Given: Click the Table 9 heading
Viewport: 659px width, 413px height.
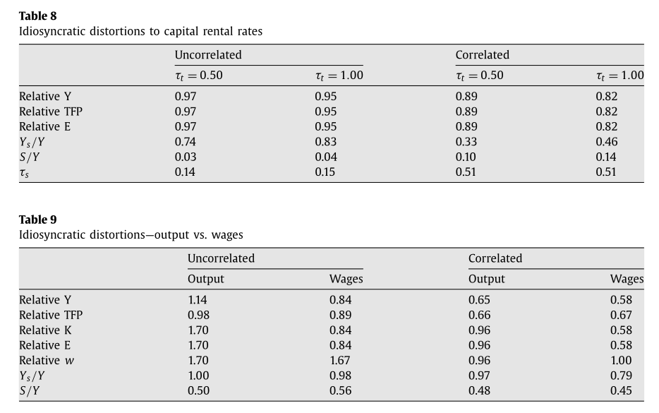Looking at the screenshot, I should (37, 220).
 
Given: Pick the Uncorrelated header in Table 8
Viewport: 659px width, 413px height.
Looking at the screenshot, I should (208, 55).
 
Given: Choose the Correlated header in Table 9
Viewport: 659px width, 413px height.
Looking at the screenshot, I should (495, 258).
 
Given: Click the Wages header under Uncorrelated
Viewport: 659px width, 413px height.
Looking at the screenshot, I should (346, 279).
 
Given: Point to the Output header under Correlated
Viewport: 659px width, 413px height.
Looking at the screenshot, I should (487, 279).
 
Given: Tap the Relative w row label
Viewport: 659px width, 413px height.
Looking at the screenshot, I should (47, 360).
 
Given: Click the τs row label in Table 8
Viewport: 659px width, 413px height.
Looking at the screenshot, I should (25, 172).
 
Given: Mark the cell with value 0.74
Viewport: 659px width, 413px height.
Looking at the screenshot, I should (186, 141).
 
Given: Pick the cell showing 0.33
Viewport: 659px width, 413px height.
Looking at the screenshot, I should (466, 141).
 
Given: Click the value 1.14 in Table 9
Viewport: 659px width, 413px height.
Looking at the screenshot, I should (198, 299).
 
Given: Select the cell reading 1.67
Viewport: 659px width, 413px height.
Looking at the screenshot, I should (340, 360).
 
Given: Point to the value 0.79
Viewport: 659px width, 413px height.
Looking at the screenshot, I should (621, 376).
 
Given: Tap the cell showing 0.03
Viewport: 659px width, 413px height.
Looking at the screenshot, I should (186, 157).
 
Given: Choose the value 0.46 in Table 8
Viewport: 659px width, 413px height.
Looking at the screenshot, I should (606, 141).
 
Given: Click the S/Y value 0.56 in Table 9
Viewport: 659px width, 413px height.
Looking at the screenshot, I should (340, 390).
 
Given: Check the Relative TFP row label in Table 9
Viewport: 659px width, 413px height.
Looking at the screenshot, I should (51, 315).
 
